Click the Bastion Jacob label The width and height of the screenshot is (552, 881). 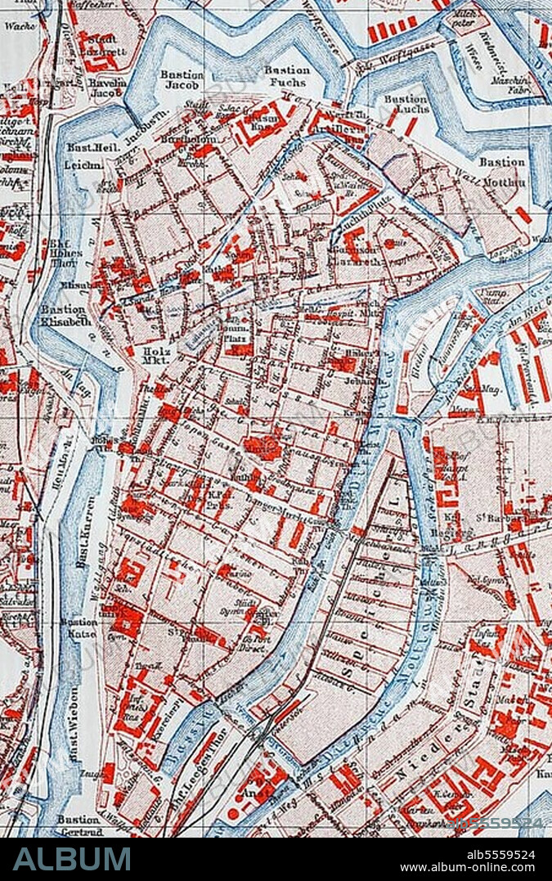click(x=182, y=79)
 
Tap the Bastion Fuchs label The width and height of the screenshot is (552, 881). click(x=287, y=76)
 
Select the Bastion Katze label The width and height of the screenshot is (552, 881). click(x=79, y=628)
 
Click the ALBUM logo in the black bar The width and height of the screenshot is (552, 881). click(x=72, y=859)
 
